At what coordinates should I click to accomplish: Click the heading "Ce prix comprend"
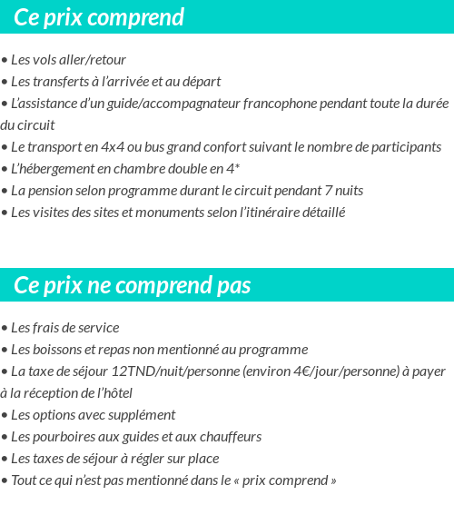[x=99, y=17]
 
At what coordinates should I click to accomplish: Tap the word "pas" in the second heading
[x=233, y=285]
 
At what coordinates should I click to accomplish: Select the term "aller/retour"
[x=92, y=60]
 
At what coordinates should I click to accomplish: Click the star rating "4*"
[x=232, y=169]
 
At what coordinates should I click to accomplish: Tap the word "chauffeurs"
[x=230, y=437]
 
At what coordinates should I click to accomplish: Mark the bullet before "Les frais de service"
[x=5, y=328]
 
